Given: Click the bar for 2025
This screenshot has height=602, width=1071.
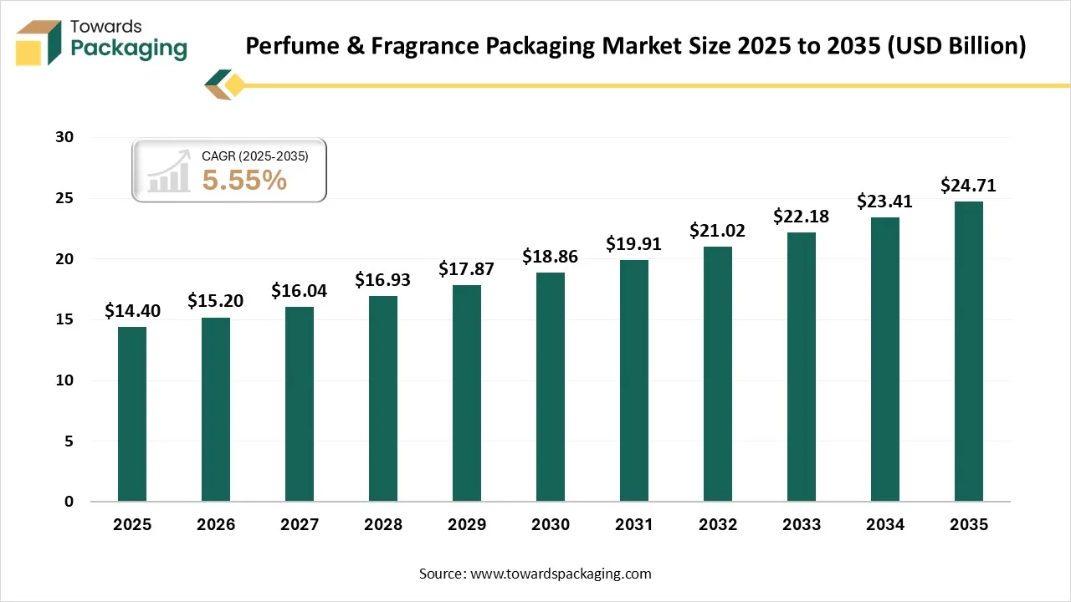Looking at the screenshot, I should pyautogui.click(x=132, y=414).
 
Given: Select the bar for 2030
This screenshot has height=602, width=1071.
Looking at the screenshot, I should pyautogui.click(x=551, y=387).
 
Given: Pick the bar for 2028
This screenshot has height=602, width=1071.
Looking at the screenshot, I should pyautogui.click(x=383, y=399).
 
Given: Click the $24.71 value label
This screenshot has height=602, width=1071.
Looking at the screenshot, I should pyautogui.click(x=969, y=185).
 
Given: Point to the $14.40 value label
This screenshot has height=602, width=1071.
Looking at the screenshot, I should pyautogui.click(x=132, y=310).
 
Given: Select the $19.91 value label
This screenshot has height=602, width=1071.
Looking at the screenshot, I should pyautogui.click(x=634, y=244).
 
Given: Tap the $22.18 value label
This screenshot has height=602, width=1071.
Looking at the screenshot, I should pyautogui.click(x=802, y=217).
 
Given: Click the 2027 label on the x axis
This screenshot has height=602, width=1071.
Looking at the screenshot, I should pyautogui.click(x=300, y=525).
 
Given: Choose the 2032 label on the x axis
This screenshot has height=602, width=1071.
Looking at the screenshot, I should pyautogui.click(x=718, y=525).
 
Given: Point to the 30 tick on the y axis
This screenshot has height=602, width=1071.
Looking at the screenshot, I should pyautogui.click(x=65, y=137).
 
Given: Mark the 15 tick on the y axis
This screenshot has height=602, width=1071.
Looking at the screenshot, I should pyautogui.click(x=65, y=319).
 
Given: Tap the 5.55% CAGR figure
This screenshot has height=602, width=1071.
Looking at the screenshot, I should pyautogui.click(x=244, y=180).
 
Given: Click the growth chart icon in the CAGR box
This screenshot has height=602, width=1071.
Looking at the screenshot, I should pyautogui.click(x=167, y=171).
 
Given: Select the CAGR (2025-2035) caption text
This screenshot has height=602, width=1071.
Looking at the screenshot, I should pyautogui.click(x=254, y=156).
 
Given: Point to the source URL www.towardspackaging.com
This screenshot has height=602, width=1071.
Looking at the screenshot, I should pyautogui.click(x=561, y=574).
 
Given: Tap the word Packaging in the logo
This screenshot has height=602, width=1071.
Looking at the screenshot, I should pyautogui.click(x=129, y=48).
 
